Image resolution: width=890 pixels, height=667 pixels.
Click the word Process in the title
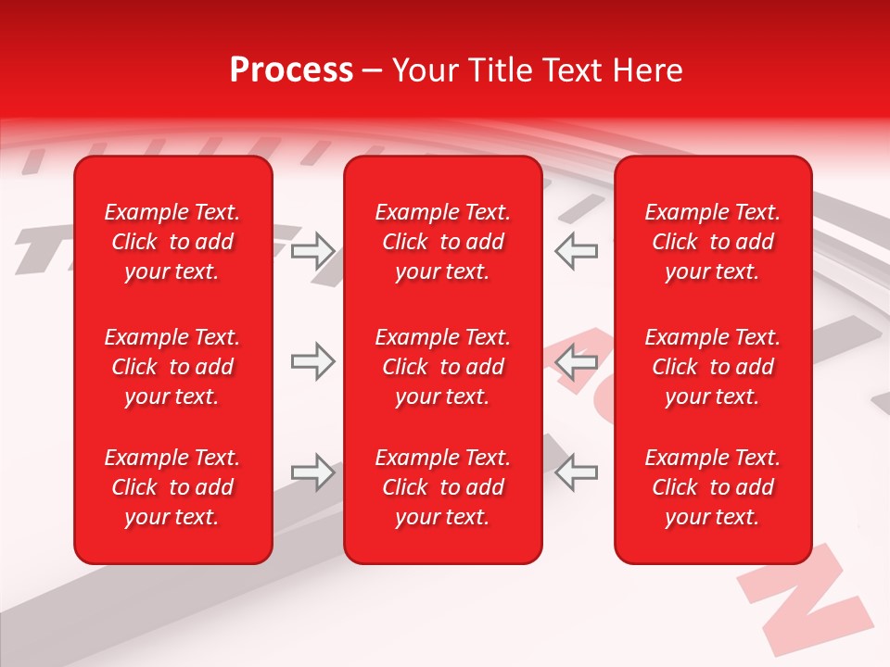pos(291,70)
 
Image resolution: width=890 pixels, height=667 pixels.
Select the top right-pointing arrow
pos(313,251)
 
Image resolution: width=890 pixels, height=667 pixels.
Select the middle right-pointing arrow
pos(313,362)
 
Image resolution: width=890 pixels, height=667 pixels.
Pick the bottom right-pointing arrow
pos(313,473)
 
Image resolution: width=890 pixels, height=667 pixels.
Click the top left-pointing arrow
pos(576,251)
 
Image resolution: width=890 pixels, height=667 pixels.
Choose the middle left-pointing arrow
pos(576,362)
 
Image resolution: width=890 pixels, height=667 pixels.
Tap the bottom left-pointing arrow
pos(576,473)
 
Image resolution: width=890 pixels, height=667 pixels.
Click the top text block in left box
pos(172,242)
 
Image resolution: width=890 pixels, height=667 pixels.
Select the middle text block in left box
pos(172,367)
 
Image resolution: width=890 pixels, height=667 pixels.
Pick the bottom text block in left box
pos(172,487)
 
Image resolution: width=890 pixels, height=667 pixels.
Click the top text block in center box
pos(443,242)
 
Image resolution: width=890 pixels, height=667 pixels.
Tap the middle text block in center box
pos(443,367)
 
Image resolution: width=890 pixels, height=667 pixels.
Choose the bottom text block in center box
pos(443,487)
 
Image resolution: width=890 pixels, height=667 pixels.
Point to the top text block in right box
pos(713,242)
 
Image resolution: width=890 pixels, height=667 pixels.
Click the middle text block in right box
pos(713,367)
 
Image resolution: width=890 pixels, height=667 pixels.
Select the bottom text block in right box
pos(713,487)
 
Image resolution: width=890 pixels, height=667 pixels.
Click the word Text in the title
pos(572,70)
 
